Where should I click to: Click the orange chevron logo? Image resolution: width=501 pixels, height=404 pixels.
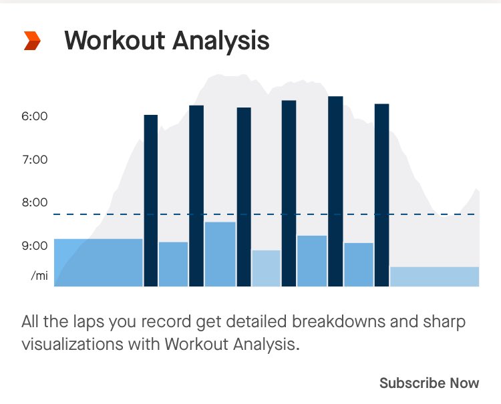(x=32, y=41)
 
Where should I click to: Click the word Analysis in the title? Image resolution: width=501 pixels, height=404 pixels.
(x=220, y=41)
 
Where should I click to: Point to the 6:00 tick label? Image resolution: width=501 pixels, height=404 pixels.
(x=35, y=116)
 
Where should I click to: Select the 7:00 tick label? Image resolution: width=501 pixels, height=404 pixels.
(x=35, y=160)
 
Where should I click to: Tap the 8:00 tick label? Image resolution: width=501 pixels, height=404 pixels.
(x=35, y=202)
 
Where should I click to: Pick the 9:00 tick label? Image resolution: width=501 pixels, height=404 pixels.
(x=35, y=246)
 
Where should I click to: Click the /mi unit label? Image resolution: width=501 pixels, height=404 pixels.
(x=39, y=275)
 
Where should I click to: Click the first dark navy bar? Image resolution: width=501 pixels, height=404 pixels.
(x=151, y=200)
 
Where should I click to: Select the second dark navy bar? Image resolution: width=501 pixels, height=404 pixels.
(x=196, y=196)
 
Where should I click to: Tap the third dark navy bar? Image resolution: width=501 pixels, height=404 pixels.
(x=244, y=197)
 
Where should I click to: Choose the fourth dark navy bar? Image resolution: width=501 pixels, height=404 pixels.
(x=289, y=194)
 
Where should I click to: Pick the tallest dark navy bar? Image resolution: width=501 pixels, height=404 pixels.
(x=335, y=192)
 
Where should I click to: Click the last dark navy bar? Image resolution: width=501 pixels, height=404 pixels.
(x=381, y=195)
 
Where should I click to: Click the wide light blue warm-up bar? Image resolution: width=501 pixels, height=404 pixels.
(x=98, y=262)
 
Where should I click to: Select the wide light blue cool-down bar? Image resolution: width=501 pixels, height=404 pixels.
(x=434, y=276)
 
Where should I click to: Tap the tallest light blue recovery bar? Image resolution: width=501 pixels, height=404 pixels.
(x=220, y=254)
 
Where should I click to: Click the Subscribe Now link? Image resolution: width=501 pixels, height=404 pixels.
(x=429, y=383)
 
